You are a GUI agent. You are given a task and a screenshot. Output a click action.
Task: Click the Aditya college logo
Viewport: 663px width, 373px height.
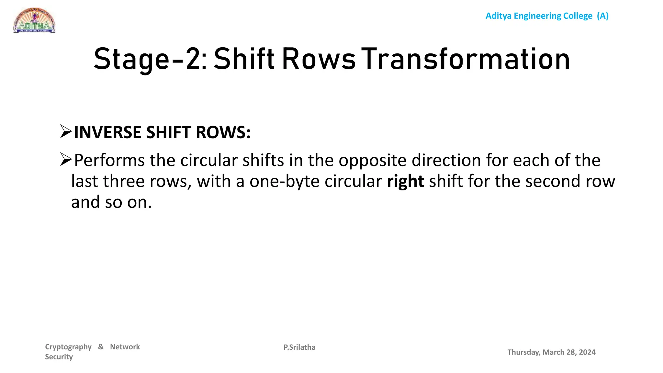(x=34, y=20)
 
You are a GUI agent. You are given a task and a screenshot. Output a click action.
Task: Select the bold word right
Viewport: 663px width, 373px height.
(x=405, y=181)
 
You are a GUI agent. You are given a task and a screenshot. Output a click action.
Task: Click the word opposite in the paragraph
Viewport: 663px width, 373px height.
(x=372, y=161)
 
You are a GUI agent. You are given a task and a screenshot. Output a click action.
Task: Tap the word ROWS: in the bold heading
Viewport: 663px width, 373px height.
(x=223, y=132)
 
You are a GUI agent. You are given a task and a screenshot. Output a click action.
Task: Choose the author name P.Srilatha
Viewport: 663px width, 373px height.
(x=299, y=347)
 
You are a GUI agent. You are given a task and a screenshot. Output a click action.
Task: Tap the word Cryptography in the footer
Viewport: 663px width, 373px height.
(x=68, y=347)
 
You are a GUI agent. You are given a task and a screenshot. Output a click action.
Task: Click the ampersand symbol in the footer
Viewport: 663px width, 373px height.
(x=101, y=347)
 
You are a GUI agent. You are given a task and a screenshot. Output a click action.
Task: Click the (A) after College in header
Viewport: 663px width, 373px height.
(x=603, y=16)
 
